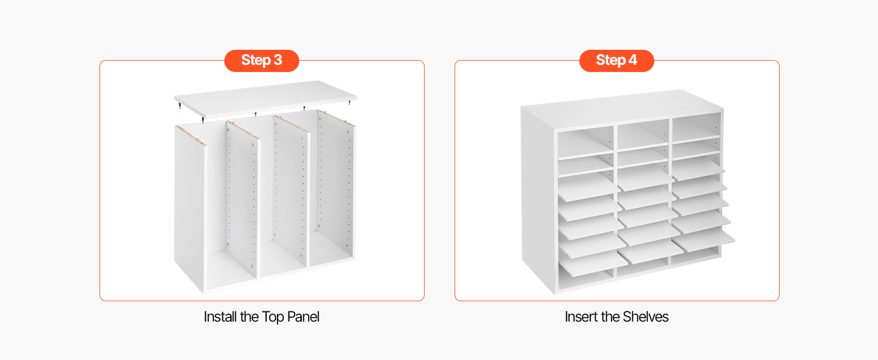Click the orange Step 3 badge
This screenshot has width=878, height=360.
point(261,61)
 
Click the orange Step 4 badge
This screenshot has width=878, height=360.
point(617,61)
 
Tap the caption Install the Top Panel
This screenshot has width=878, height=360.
point(261,317)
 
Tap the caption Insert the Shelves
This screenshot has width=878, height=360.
point(617,317)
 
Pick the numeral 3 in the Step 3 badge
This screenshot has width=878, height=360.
point(278,60)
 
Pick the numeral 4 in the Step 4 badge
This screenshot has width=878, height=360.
point(633,60)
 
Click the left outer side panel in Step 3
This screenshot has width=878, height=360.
point(190,208)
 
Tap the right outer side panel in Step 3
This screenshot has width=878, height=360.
point(336,184)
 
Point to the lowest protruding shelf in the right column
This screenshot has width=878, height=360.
point(703,240)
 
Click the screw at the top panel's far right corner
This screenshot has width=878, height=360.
point(350,103)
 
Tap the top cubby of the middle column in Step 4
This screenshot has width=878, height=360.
point(643,136)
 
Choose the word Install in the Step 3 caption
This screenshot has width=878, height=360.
point(220,317)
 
